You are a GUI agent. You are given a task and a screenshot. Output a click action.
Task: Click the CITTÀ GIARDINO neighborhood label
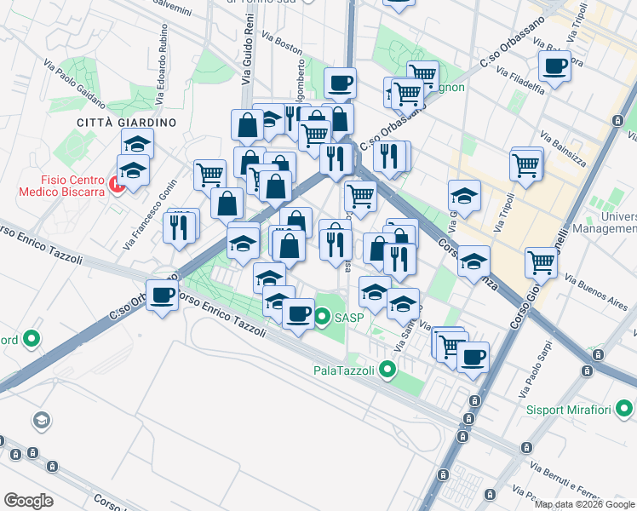[126, 123]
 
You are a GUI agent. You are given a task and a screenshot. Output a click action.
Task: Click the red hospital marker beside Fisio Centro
[116, 183]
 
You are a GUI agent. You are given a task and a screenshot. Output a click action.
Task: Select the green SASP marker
[323, 319]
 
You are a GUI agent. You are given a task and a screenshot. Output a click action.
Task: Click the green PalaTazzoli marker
[388, 370]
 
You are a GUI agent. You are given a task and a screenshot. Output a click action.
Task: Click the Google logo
[28, 500]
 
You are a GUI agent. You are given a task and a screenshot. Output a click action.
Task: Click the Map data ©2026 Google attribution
[584, 504]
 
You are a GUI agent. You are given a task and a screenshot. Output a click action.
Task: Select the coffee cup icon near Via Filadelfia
[554, 66]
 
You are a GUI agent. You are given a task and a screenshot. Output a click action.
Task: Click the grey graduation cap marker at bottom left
[40, 420]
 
